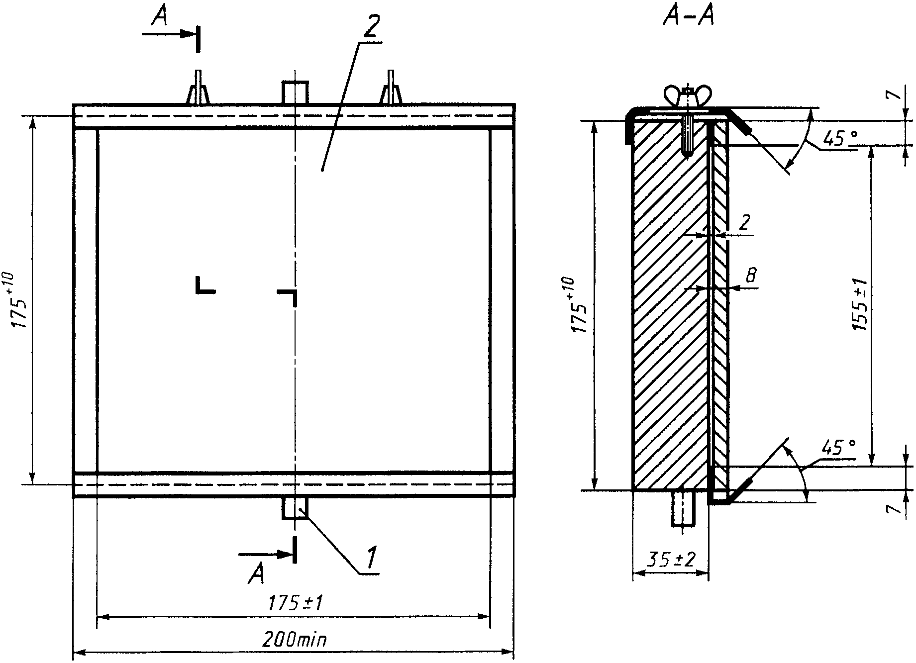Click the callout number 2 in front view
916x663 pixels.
coord(370,29)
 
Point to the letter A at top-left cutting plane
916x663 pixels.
coord(159,19)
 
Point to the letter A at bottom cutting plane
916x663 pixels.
coord(256,574)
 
